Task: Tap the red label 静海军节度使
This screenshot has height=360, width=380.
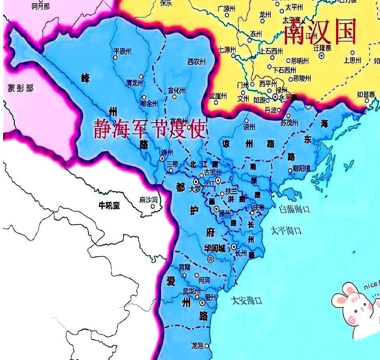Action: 149,129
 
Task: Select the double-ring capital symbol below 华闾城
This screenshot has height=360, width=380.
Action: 211,259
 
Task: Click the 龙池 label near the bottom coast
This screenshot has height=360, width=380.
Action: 197,345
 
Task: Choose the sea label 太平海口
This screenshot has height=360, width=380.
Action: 286,230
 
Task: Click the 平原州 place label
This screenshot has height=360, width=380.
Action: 122,51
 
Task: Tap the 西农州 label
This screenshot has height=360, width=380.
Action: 196,62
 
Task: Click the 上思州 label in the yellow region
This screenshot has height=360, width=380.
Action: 352,60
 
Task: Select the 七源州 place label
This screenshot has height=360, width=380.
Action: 227,50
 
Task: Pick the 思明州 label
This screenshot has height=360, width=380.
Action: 300,61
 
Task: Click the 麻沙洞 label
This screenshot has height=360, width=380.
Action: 148,199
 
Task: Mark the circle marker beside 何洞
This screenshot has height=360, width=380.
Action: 196,275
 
